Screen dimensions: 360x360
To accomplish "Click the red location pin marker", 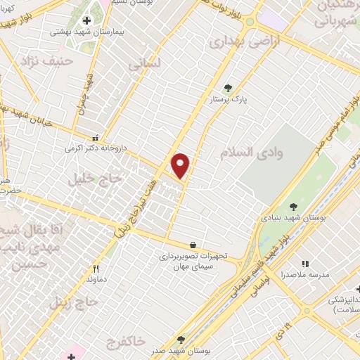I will tap(181, 165).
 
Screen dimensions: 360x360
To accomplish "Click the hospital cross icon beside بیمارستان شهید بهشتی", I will tap(86, 21).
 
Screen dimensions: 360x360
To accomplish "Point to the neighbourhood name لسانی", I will tap(145, 64).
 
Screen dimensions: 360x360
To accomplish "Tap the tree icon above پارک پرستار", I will tap(228, 88).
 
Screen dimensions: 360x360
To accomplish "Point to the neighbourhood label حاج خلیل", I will tap(95, 179).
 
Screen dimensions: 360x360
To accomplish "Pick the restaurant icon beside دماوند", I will tap(96, 269).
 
